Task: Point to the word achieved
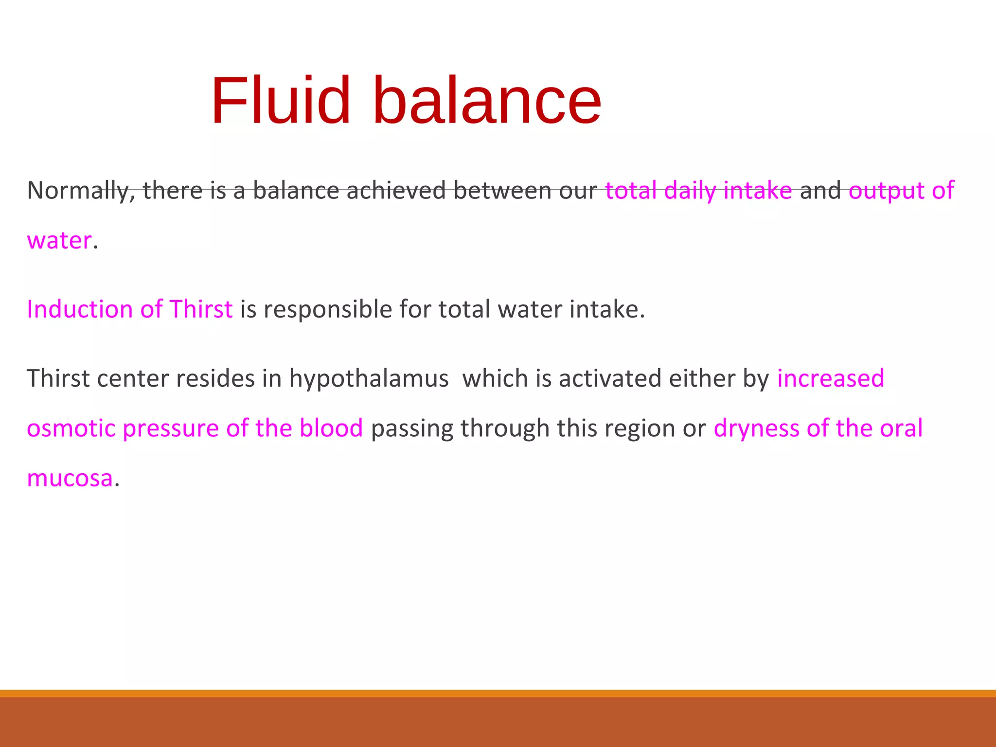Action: (x=396, y=190)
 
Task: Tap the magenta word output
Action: (x=886, y=190)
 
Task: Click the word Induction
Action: (x=80, y=309)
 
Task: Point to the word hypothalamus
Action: (x=369, y=378)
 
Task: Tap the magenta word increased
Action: (x=831, y=378)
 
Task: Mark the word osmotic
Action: (x=71, y=428)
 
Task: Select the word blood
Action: (x=331, y=428)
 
